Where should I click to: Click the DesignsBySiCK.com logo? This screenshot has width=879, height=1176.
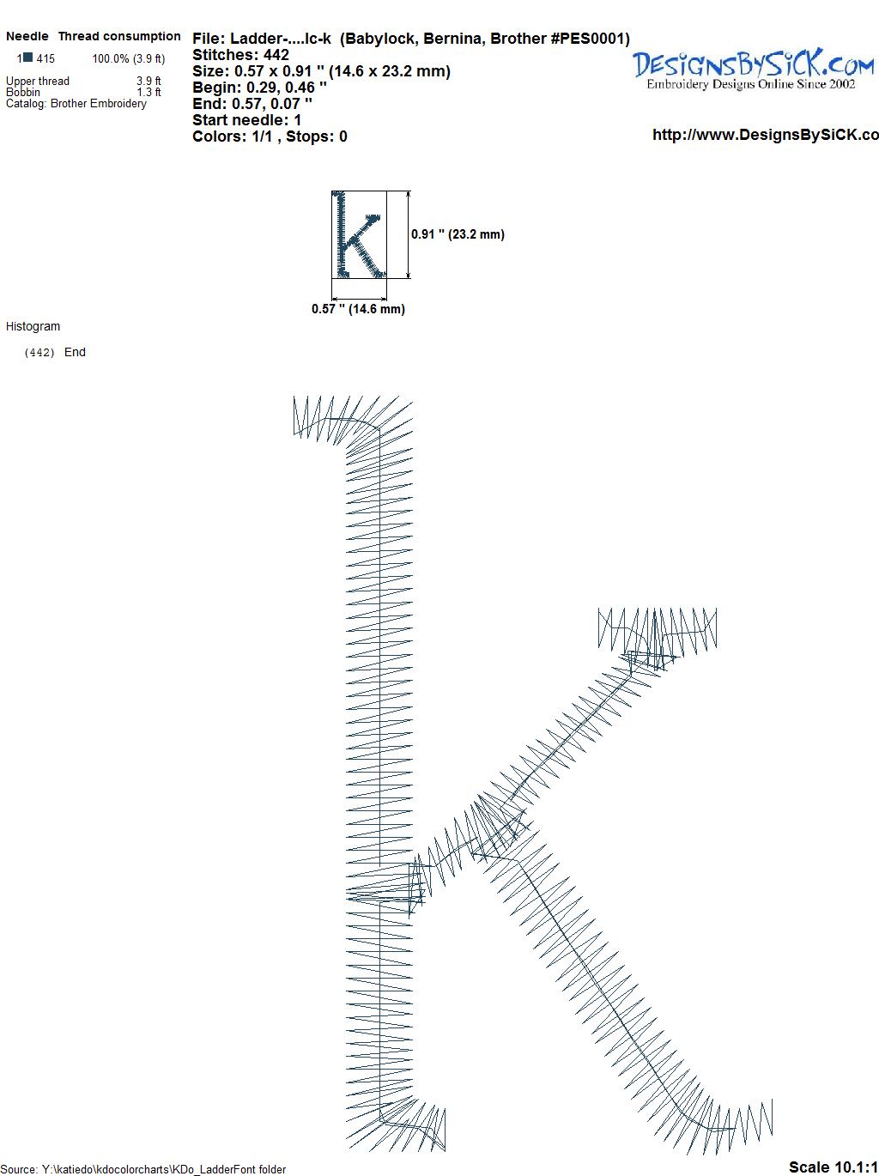(753, 68)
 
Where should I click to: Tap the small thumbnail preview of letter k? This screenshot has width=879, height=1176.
(359, 234)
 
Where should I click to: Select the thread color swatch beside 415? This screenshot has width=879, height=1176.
(27, 58)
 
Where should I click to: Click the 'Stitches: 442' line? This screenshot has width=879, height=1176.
(240, 55)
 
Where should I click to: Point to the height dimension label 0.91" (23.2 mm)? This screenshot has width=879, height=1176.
(458, 234)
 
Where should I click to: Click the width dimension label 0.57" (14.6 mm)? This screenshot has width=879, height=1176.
(358, 309)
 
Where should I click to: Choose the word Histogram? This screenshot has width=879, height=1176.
(33, 326)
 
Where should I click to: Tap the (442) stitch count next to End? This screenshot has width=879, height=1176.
(39, 353)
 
